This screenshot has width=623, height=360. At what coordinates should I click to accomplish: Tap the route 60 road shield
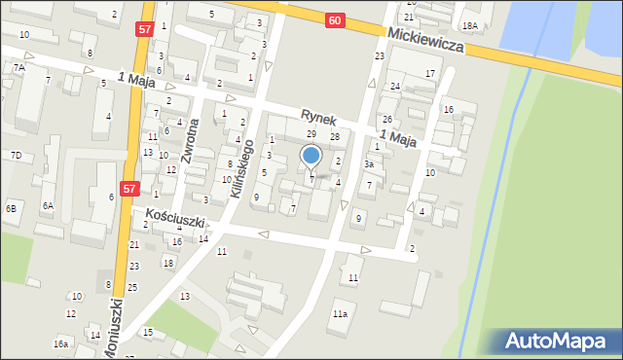click(335, 20)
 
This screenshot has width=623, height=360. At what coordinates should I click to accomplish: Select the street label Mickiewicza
click(424, 40)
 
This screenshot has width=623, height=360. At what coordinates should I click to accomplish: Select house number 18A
click(470, 26)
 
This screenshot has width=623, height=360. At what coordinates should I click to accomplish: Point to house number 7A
click(18, 67)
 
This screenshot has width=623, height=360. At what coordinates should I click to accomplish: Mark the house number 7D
click(16, 156)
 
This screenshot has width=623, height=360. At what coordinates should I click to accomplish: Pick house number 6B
click(11, 208)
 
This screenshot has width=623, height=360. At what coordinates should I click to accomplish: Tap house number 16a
click(60, 343)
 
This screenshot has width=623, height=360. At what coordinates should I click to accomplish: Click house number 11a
click(340, 314)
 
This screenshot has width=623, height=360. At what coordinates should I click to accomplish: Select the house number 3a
click(369, 164)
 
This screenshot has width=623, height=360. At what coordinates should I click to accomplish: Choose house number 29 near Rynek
click(311, 133)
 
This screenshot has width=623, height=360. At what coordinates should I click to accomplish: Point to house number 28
click(334, 137)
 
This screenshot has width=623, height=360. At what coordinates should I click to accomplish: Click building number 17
click(429, 74)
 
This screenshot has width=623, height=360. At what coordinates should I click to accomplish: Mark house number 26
click(386, 119)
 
